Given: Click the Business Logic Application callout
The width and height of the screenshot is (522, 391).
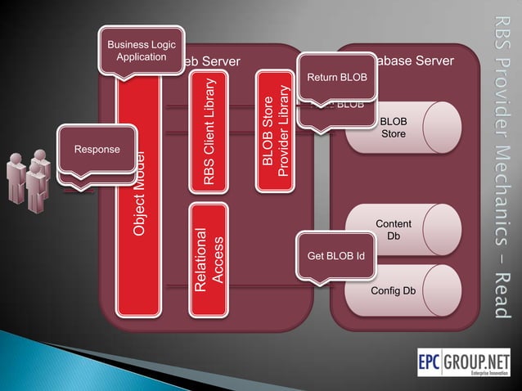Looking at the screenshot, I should coord(141,51).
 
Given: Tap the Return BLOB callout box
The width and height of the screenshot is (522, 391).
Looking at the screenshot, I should coord(336,78).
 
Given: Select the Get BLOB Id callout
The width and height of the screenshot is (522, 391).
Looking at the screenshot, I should coord(335,255).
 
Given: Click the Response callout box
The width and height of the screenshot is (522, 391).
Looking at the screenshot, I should coord(97,149).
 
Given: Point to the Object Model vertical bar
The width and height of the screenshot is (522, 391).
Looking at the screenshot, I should coord(138,196).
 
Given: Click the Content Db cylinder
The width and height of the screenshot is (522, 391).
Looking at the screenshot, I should coord(398,230).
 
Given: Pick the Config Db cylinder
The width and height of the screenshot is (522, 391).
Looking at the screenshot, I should coord(398,290).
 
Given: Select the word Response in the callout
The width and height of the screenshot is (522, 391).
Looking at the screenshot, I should coord(97,149).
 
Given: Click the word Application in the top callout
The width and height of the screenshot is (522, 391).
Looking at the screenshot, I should coord(141,56).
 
